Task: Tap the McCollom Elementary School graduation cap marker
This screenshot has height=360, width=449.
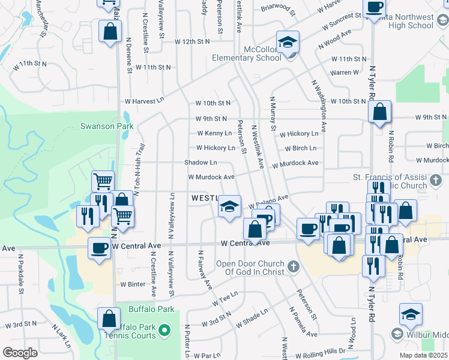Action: (x=288, y=42)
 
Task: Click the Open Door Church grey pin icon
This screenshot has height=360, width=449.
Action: (x=294, y=265)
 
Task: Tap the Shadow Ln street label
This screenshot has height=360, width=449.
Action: (x=200, y=163)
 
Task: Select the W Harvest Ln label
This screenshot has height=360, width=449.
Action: (x=144, y=101)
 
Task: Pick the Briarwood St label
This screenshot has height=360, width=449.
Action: (x=279, y=10)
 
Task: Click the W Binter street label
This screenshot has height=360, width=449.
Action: (x=133, y=284)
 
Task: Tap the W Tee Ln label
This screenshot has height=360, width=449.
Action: (x=225, y=298)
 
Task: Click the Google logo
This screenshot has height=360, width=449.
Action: (x=20, y=353)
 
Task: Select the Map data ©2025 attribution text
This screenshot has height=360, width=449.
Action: (x=424, y=355)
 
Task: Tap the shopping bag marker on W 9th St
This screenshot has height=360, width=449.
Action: (x=380, y=112)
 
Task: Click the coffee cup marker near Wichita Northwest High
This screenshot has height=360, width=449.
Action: (x=374, y=8)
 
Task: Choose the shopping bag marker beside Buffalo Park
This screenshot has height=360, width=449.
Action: (x=109, y=319)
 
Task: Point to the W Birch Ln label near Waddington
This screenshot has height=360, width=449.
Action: (x=301, y=148)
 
